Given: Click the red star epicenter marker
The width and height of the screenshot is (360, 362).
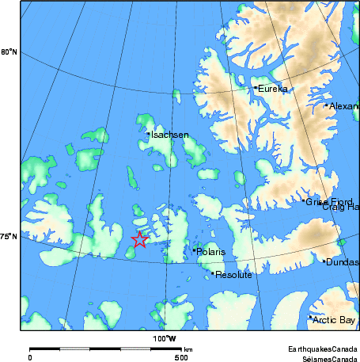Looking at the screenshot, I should (139, 239).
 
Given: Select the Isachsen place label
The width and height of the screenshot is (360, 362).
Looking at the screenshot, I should (170, 135).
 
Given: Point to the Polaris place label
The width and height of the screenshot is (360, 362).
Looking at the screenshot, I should (211, 252).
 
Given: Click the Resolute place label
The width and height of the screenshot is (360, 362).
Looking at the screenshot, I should (234, 275).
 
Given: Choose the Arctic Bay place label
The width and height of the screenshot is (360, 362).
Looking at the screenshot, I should (335, 320).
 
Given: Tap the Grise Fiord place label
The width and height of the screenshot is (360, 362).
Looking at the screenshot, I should (329, 202).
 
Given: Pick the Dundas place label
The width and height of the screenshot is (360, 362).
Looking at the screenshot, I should (343, 262).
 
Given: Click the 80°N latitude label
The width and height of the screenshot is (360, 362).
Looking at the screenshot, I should (9, 52).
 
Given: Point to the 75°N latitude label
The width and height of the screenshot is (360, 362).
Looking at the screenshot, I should (9, 236).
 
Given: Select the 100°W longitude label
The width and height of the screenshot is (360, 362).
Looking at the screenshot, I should (165, 339).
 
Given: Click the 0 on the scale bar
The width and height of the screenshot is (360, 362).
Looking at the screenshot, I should (30, 358).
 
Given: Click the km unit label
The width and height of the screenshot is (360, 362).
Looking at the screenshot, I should (188, 349).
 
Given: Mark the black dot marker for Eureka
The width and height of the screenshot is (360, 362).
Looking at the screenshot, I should (256, 87).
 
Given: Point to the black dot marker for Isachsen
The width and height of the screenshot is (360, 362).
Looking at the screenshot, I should (148, 134).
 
